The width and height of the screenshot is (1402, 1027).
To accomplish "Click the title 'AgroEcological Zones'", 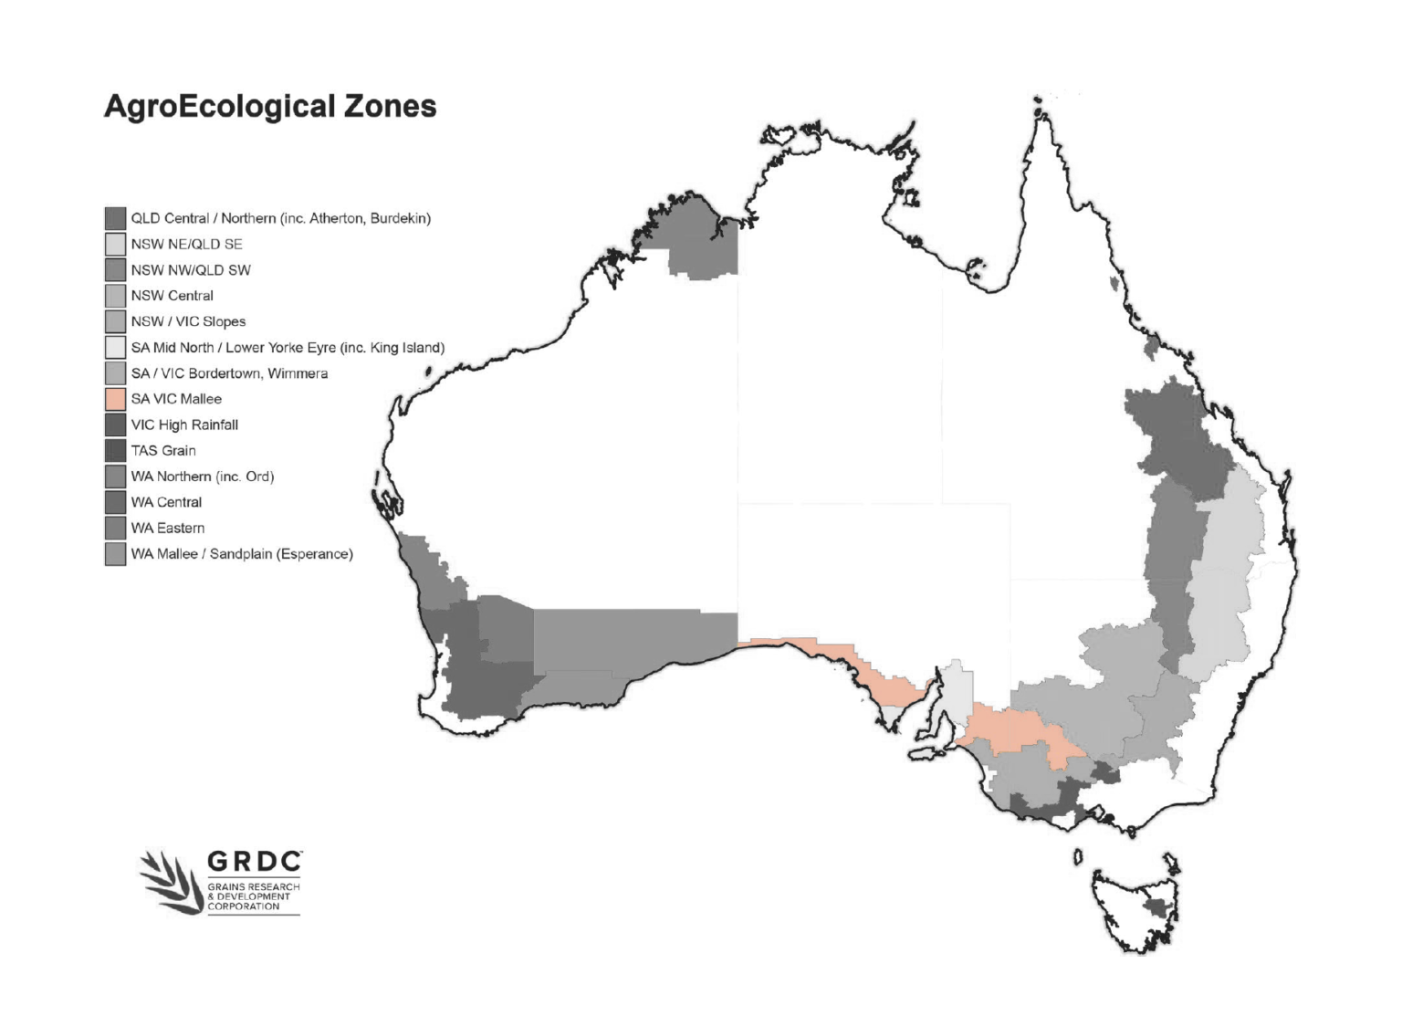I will coord(270,106).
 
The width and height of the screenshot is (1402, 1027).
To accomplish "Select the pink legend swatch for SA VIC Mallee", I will coord(115,399).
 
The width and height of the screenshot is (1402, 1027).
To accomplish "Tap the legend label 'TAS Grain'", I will coord(163,450).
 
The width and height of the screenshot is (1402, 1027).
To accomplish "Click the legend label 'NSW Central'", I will coord(172,296).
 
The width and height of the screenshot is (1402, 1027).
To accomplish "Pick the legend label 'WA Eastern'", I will coord(168,528).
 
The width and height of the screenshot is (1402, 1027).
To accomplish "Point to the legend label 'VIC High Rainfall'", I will coord(184,424).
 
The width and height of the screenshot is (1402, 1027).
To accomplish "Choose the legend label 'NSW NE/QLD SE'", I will coord(186,244).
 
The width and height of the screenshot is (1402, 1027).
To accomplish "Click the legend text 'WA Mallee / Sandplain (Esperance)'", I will coord(242,553).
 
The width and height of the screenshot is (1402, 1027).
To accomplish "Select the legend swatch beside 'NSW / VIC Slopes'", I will coord(115,321).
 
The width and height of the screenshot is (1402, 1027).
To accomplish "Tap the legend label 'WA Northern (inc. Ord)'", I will coord(202,476).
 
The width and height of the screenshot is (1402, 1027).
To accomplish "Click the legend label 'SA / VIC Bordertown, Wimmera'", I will coord(229,373).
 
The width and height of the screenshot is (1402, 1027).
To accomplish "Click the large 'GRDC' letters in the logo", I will coord(254,862).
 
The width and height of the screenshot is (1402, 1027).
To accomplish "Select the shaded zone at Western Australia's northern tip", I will coord(700,239).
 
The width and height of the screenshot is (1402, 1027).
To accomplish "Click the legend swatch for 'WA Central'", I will coord(115,502).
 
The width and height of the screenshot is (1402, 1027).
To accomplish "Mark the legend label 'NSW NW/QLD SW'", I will coord(191,270).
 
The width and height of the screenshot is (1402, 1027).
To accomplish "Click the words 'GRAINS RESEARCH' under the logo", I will coord(253,886).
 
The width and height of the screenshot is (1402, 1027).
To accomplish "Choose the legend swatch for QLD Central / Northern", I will coord(115,218).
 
